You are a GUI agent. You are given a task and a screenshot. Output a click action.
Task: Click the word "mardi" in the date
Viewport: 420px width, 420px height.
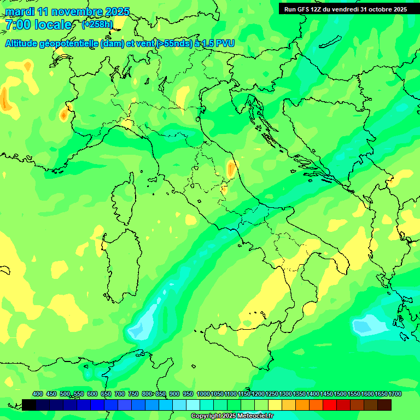20,11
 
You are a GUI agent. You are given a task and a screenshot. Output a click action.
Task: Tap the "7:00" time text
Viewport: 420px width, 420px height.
19,25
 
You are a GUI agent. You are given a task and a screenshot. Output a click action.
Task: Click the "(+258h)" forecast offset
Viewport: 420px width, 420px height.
97,24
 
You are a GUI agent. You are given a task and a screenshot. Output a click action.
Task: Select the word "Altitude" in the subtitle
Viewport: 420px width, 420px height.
25,44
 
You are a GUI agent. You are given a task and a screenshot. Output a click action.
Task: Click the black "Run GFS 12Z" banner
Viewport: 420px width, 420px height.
346,9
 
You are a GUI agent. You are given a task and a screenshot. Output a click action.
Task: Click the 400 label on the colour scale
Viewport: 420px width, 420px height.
38,394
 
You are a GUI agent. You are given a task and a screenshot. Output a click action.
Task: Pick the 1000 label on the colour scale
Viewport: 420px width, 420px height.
203,394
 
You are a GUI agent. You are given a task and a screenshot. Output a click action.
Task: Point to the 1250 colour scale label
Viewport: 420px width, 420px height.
272,394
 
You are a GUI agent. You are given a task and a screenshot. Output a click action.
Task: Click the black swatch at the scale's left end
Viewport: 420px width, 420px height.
29,405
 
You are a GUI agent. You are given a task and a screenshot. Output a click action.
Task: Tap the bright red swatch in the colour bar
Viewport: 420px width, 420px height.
329,405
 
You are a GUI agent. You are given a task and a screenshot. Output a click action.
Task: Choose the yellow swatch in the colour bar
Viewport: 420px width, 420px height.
275,405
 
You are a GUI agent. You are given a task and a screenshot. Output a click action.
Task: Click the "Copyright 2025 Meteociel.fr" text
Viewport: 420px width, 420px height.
232,416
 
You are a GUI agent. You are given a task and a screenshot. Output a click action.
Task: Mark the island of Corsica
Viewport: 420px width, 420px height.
124,197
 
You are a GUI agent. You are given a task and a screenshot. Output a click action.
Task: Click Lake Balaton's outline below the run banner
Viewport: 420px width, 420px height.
328,43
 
